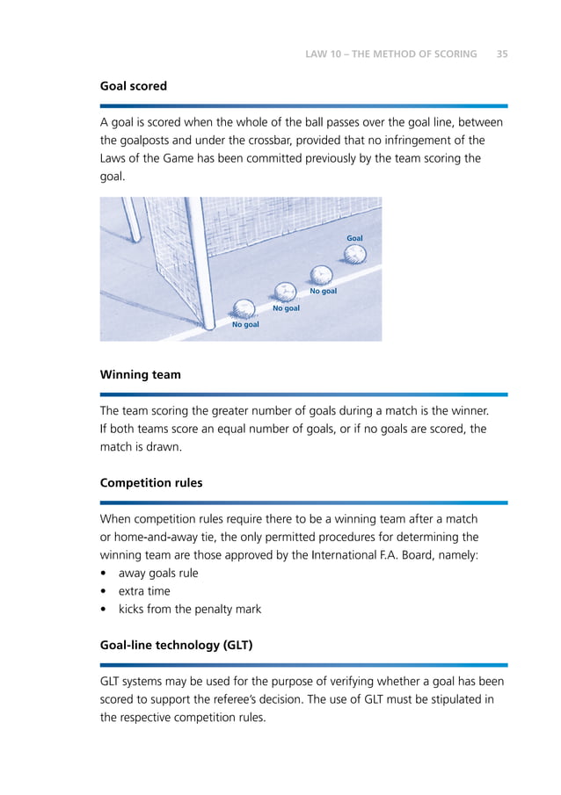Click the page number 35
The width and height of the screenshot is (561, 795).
point(501,54)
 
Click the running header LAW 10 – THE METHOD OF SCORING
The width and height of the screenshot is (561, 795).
point(390,54)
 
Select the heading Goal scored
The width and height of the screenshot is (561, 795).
point(133,87)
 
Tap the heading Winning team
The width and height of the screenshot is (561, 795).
point(140,374)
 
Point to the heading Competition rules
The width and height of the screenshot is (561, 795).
point(150,483)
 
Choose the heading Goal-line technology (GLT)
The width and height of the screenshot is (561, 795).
point(176,645)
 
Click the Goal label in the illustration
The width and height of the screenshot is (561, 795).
point(354,238)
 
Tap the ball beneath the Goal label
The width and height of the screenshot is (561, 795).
point(353,254)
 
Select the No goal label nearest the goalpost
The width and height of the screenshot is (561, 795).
point(245,325)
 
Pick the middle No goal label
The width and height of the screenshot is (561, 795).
point(286,308)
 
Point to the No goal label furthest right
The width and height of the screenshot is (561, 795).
point(323,291)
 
